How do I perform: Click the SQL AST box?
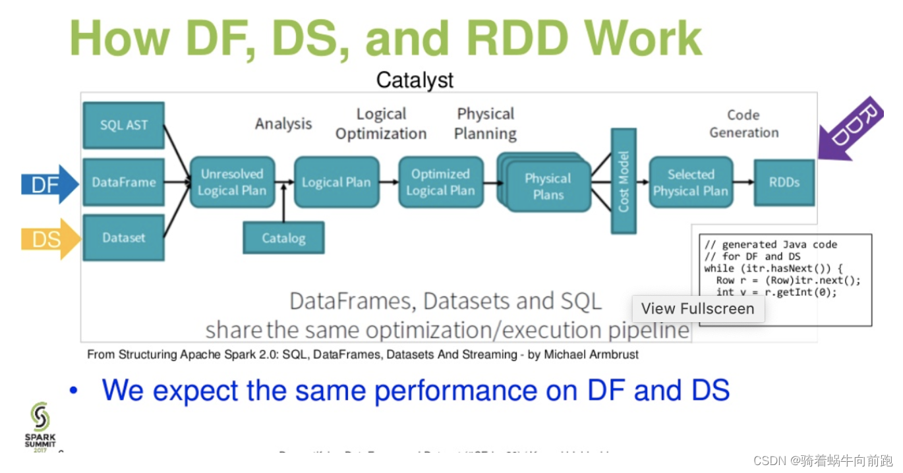click(124, 125)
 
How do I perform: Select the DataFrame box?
click(124, 182)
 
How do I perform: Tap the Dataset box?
click(124, 238)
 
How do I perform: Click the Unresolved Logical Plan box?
click(232, 182)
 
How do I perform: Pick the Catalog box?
click(283, 238)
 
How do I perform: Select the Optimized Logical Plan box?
click(440, 182)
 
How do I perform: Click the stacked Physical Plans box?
click(548, 186)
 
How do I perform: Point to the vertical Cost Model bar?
click(624, 181)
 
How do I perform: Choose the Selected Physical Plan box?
click(690, 182)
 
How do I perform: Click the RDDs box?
click(784, 182)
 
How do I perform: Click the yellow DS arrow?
click(49, 239)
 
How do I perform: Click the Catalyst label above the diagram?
click(415, 80)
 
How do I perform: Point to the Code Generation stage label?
click(743, 123)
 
